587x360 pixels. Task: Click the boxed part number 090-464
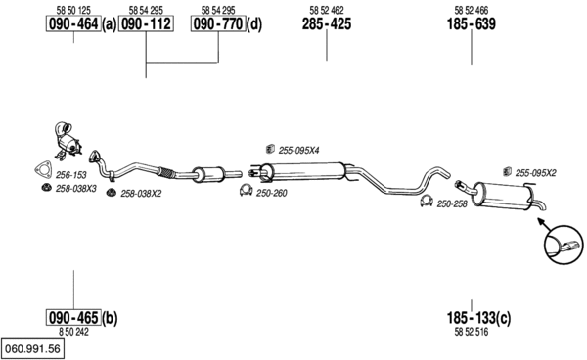[x=73, y=23]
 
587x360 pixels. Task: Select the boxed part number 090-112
[x=146, y=23]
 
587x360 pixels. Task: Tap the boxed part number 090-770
[x=218, y=23]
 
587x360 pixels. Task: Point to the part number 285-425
[x=327, y=23]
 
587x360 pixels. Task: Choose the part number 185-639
[x=472, y=23]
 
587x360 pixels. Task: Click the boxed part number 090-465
[x=73, y=318]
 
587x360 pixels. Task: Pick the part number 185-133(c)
[x=478, y=318]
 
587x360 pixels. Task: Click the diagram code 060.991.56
[x=32, y=349]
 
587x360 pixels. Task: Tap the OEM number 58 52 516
[x=472, y=332]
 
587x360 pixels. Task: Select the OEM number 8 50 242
[x=73, y=332]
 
